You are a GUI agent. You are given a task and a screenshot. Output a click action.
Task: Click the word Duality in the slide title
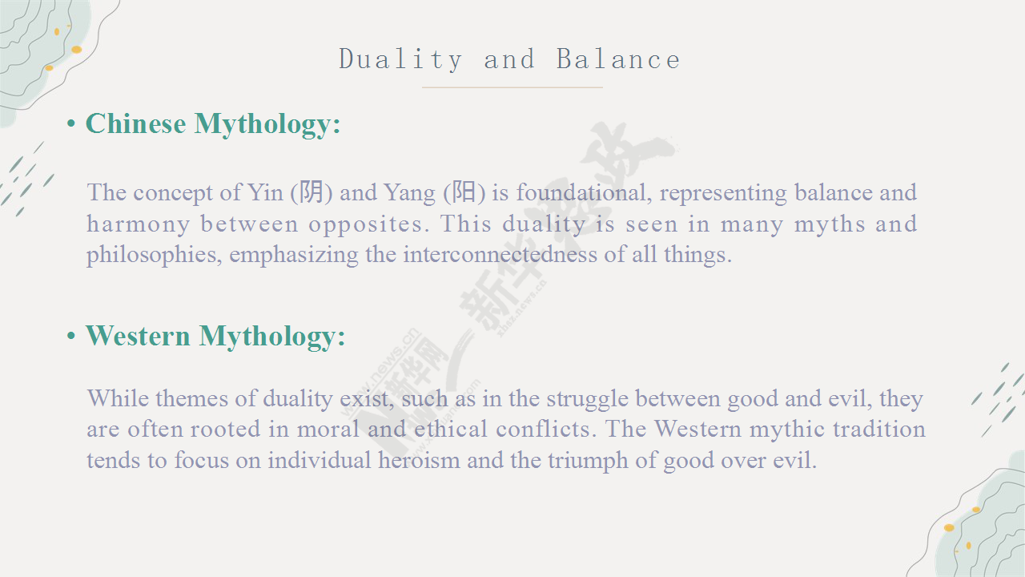[x=400, y=60]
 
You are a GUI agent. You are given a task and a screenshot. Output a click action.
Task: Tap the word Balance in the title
[x=618, y=59]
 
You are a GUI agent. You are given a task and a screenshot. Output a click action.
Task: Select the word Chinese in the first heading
[x=136, y=123]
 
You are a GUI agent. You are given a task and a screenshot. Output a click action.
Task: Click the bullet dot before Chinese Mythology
[x=71, y=123]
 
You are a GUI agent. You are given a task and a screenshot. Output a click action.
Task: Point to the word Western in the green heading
[x=138, y=336]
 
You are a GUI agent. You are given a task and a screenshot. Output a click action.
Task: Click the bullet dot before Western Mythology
[x=71, y=336]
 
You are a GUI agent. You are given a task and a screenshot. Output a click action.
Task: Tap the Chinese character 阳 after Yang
[x=464, y=192]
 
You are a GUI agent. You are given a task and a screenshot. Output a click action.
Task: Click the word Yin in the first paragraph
[x=265, y=192]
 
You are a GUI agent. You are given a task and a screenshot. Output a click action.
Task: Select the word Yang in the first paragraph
[x=409, y=193]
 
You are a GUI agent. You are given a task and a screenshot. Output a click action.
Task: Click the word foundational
[x=585, y=192]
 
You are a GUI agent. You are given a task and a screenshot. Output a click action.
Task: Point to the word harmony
[x=139, y=224]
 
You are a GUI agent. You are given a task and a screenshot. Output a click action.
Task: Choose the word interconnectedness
[x=500, y=254]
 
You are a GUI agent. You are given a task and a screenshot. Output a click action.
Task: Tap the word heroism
[x=419, y=460]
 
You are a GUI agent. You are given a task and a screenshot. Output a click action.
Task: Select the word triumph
[x=588, y=461]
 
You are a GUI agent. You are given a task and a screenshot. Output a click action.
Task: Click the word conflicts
[x=546, y=429]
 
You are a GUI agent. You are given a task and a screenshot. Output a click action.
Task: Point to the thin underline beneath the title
[x=512, y=87]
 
